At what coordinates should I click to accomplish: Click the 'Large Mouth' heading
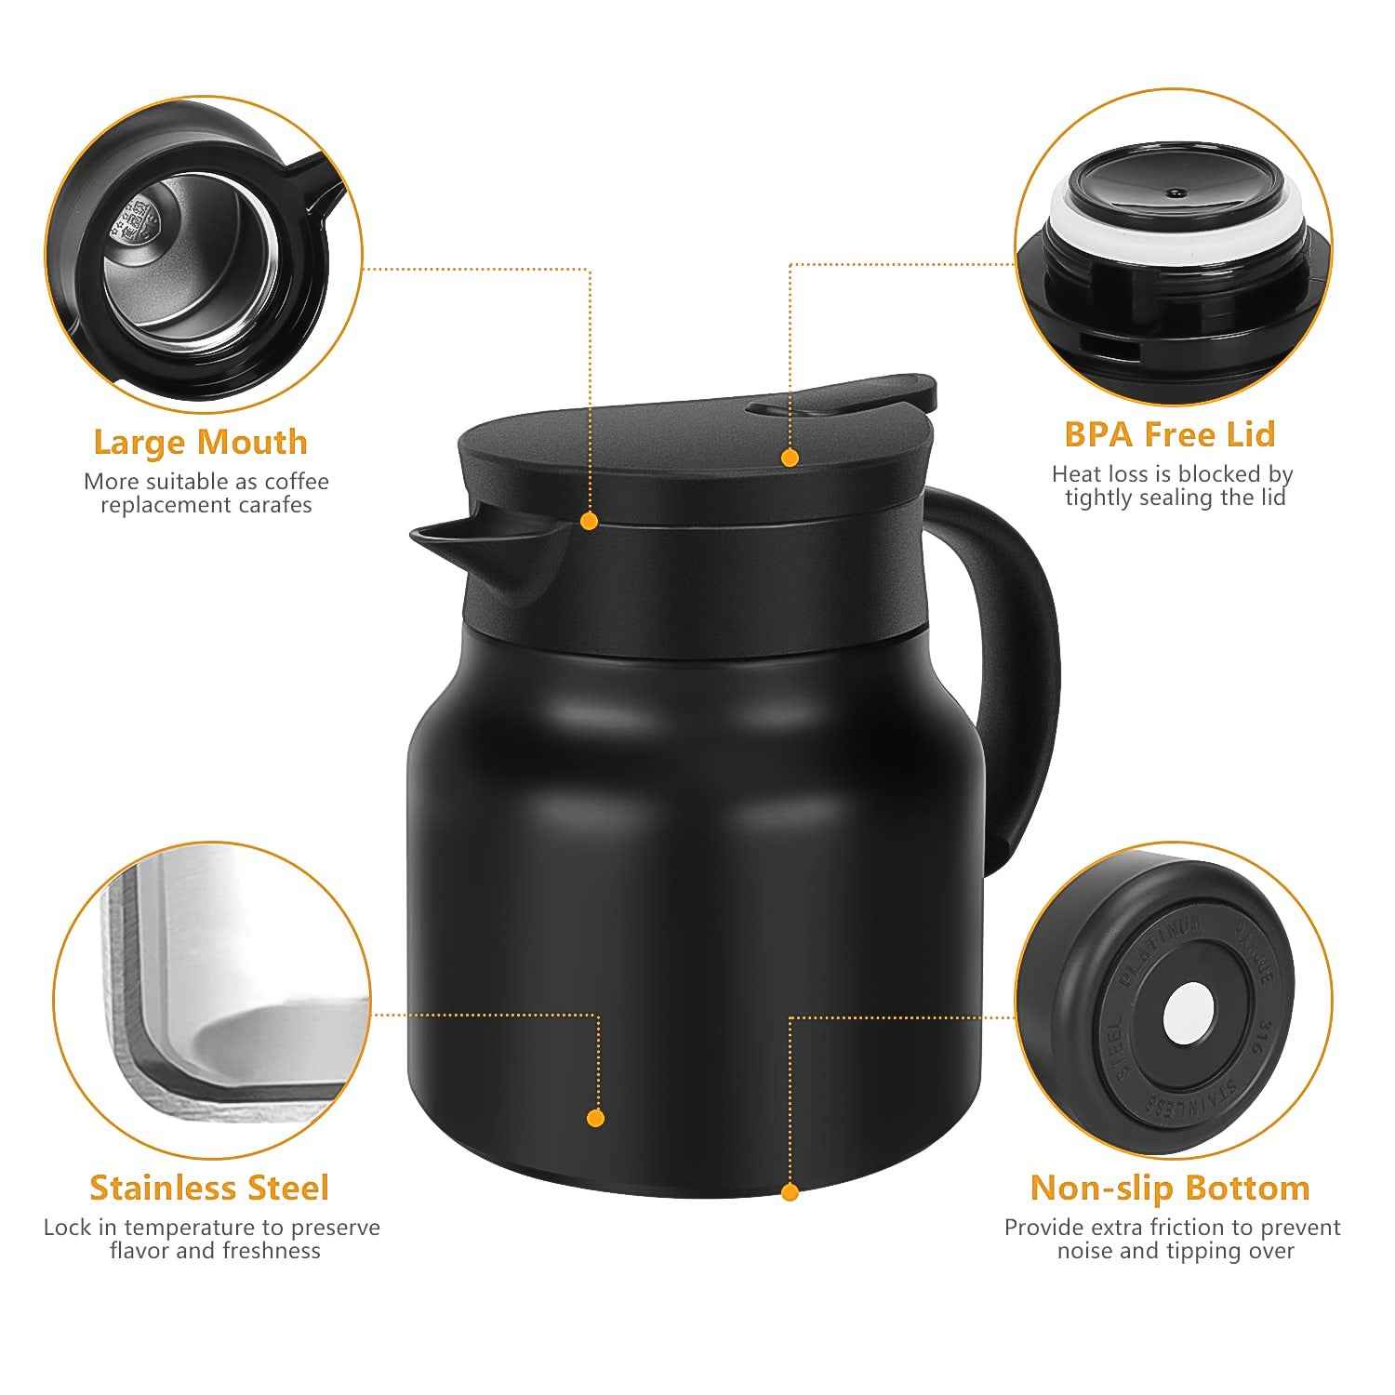pyautogui.click(x=200, y=442)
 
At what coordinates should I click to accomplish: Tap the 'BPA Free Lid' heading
pyautogui.click(x=1169, y=434)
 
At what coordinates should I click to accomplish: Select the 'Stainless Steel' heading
pyautogui.click(x=209, y=1188)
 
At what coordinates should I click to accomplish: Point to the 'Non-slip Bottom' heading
pyautogui.click(x=1170, y=1188)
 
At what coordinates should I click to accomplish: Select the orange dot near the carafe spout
pyautogui.click(x=589, y=522)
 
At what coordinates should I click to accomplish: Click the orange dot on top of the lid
pyautogui.click(x=790, y=458)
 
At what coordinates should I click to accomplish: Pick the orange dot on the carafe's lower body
pyautogui.click(x=596, y=1118)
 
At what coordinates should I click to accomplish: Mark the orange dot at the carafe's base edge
pyautogui.click(x=790, y=1191)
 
